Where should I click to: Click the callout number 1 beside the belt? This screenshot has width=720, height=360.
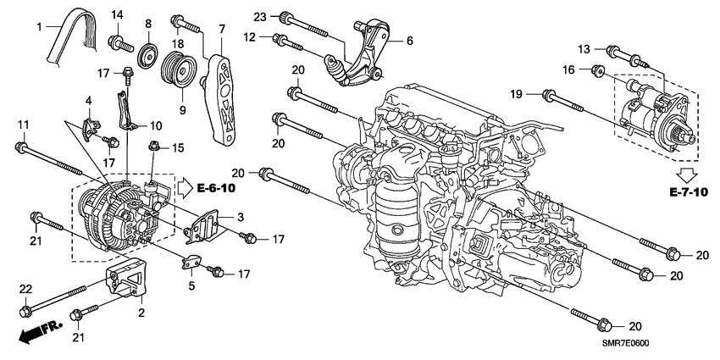(x=38, y=26)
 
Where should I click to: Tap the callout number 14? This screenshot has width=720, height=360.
(x=117, y=14)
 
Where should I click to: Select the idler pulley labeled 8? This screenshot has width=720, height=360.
(x=148, y=55)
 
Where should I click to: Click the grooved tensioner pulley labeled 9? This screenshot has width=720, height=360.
(x=178, y=67)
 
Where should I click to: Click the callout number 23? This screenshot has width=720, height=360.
(x=260, y=17)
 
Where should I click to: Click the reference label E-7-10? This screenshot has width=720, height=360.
(x=686, y=193)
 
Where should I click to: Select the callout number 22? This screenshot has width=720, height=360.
(x=25, y=290)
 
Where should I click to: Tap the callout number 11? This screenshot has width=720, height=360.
(x=23, y=125)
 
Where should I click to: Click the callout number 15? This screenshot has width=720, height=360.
(x=178, y=147)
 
